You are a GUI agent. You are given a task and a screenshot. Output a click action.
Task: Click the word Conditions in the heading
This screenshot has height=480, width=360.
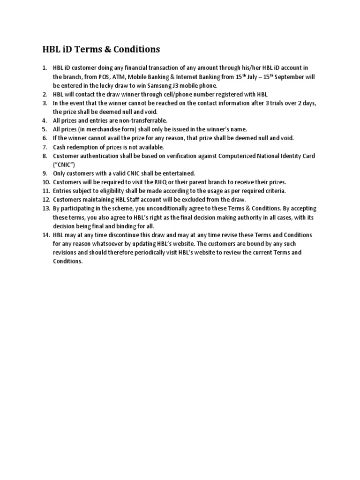click(136, 49)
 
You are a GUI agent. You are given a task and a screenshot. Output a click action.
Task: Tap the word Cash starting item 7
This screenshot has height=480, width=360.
click(60, 147)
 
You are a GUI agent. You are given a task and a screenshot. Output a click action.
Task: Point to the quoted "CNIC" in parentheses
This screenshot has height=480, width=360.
click(64, 165)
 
